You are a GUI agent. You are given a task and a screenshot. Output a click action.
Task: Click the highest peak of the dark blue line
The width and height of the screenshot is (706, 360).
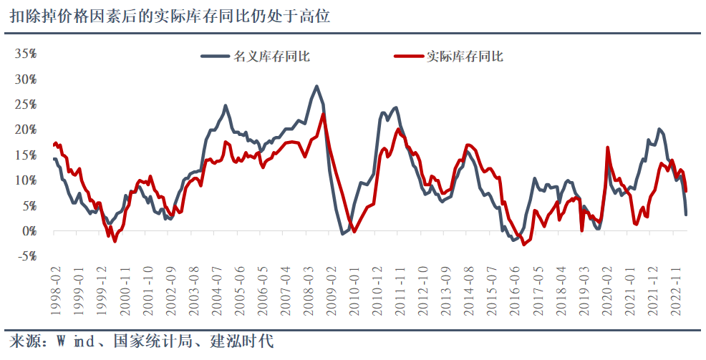(x=316, y=87)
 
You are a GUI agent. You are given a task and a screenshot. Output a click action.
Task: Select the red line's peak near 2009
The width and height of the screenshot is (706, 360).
(x=324, y=115)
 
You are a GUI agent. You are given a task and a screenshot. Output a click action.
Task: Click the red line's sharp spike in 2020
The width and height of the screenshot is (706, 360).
(x=608, y=147)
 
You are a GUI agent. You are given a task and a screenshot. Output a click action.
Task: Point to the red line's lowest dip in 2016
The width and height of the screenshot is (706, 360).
(x=524, y=244)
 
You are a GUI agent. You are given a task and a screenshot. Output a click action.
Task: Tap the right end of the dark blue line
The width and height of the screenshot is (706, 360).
(x=686, y=214)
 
